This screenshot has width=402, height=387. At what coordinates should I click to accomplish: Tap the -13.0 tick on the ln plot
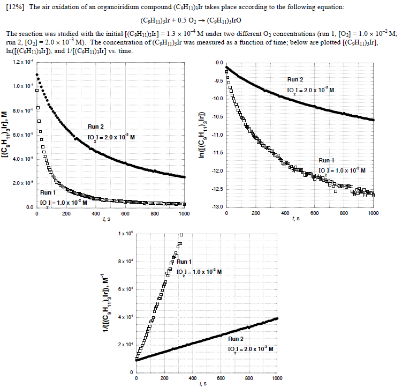pyautogui.click(x=217, y=207)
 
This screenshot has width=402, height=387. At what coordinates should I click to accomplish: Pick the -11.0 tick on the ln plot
pyautogui.click(x=217, y=135)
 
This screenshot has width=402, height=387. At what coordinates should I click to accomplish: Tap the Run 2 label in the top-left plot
pyautogui.click(x=96, y=127)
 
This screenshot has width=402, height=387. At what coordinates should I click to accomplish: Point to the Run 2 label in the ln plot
pyautogui.click(x=295, y=79)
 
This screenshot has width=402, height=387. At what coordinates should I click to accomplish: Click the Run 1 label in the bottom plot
pyautogui.click(x=184, y=262)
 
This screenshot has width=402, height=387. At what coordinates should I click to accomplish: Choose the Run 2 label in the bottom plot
pyautogui.click(x=236, y=339)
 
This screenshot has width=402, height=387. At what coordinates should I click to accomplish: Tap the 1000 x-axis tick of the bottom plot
pyautogui.click(x=277, y=378)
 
